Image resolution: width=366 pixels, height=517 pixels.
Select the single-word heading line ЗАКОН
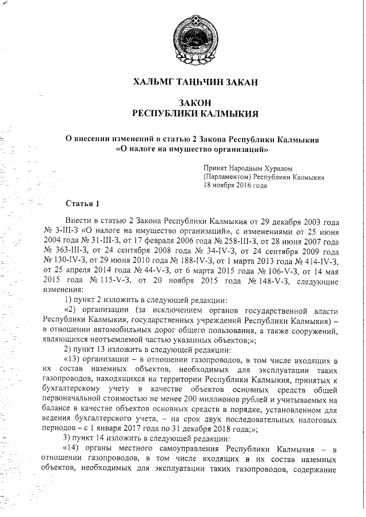[196, 102]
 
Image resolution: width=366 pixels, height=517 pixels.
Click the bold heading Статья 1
[83, 203]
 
